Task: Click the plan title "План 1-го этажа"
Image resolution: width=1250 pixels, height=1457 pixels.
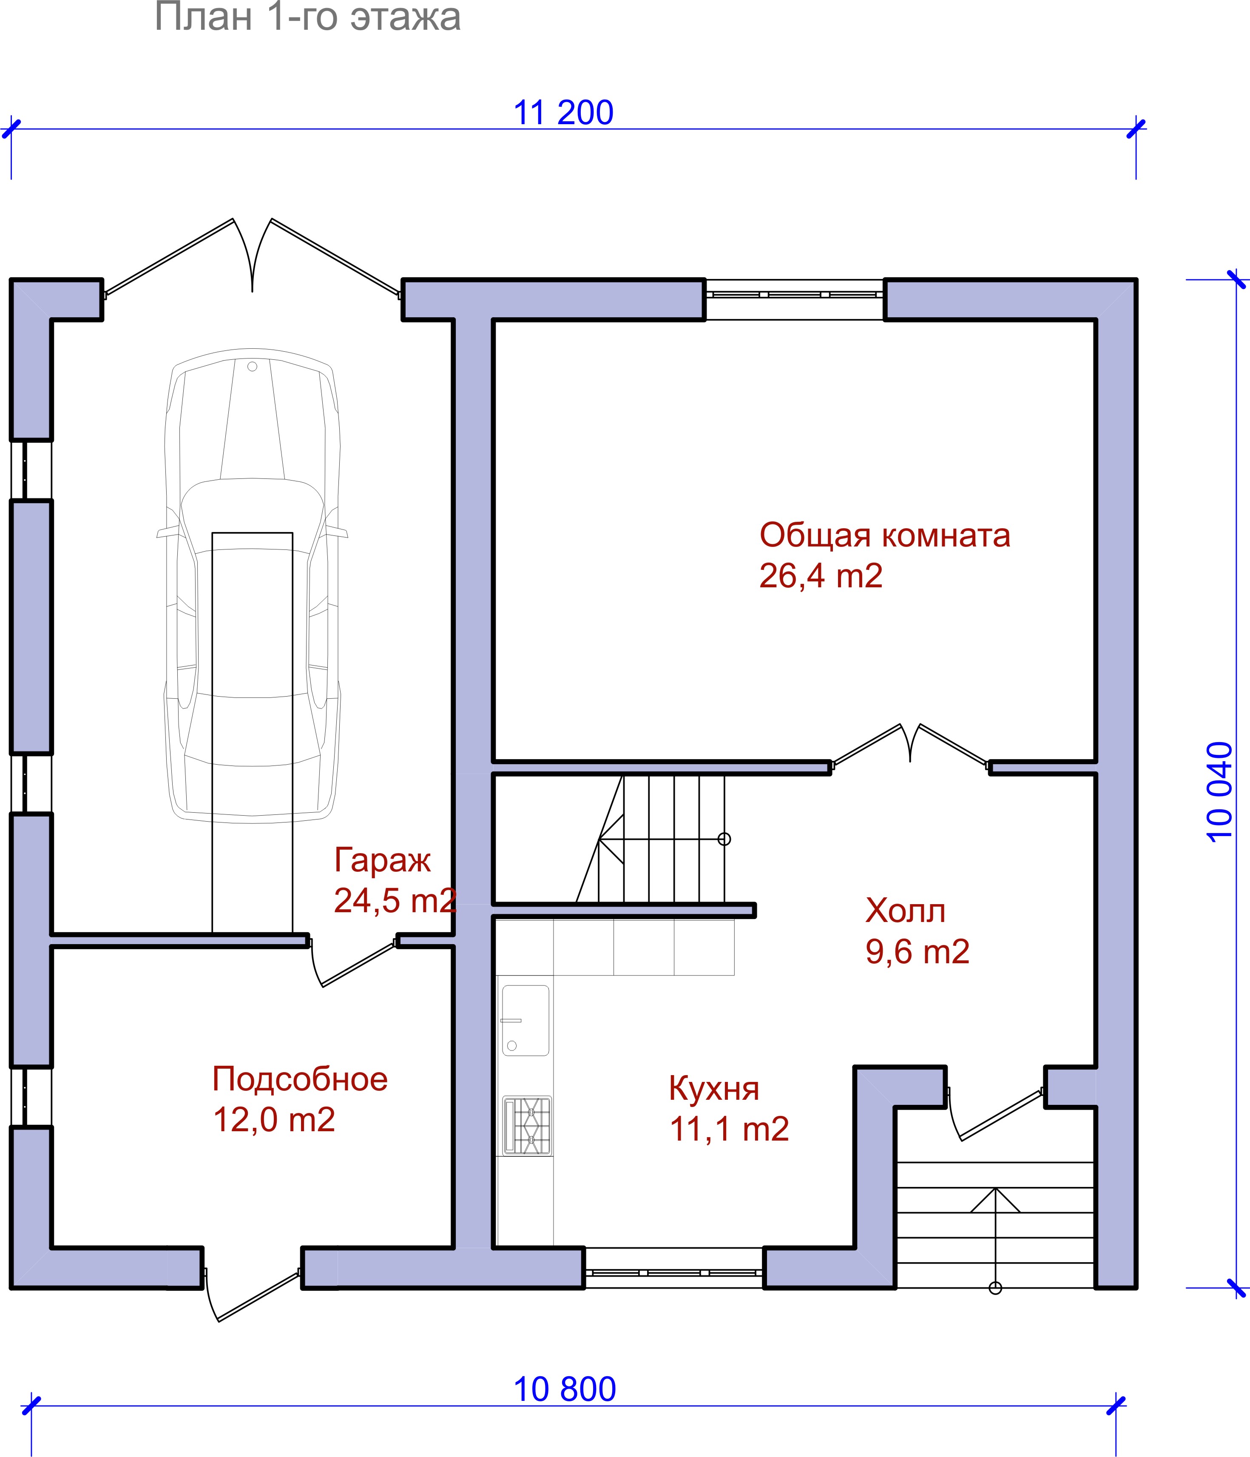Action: pos(307,17)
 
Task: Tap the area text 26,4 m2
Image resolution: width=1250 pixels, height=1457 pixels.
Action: pos(821,576)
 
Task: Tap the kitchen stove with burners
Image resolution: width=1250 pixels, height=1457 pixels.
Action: pos(527,1126)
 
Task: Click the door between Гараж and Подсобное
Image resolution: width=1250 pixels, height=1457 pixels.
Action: pos(353,961)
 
